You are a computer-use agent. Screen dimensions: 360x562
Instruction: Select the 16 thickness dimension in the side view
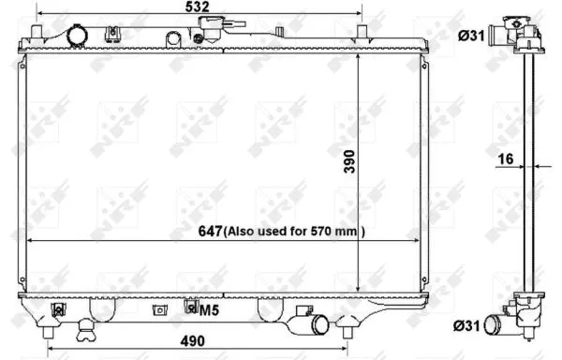coord(505,159)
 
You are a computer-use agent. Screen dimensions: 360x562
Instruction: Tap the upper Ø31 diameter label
coord(470,37)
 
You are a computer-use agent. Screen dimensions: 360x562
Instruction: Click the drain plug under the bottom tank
coord(86,327)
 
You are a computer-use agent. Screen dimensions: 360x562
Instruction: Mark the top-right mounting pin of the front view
coord(362,35)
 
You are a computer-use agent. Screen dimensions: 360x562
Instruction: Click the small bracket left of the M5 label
coord(161,308)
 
